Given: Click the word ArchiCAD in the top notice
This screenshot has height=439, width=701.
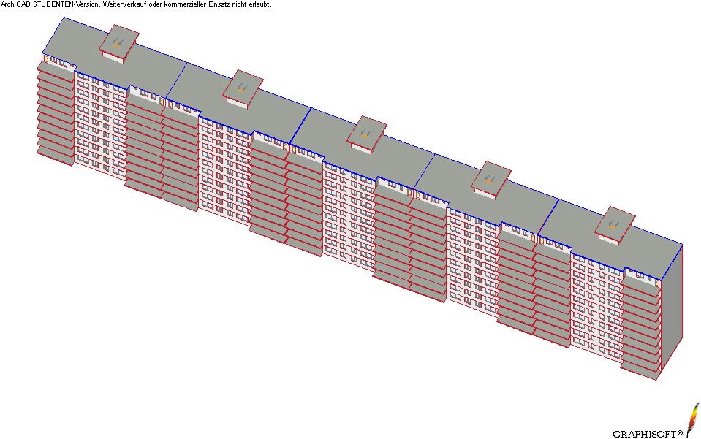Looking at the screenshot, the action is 15,4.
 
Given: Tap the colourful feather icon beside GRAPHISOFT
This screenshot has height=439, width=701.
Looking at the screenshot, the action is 693,420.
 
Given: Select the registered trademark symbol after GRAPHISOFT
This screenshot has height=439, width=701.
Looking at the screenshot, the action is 680,432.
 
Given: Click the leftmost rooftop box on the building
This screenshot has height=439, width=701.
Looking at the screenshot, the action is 119,43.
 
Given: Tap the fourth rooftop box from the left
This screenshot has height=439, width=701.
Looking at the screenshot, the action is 491,180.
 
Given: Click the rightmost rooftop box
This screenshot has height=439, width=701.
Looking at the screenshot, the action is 615,226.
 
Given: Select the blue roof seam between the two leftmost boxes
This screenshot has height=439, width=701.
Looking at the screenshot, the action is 177,80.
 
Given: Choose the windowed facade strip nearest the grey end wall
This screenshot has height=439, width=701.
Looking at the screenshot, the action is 596,307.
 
